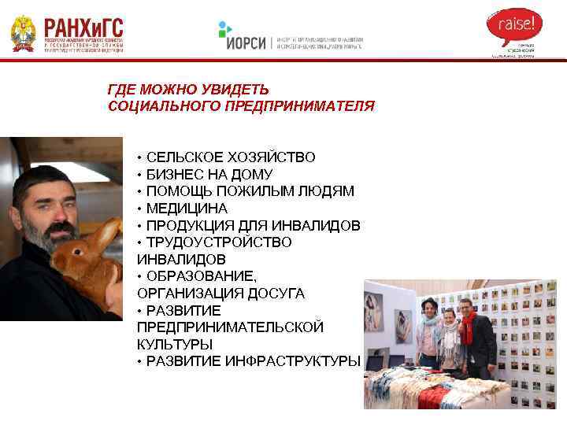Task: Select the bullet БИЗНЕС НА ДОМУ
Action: click(209, 174)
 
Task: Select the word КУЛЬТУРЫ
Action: click(174, 344)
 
